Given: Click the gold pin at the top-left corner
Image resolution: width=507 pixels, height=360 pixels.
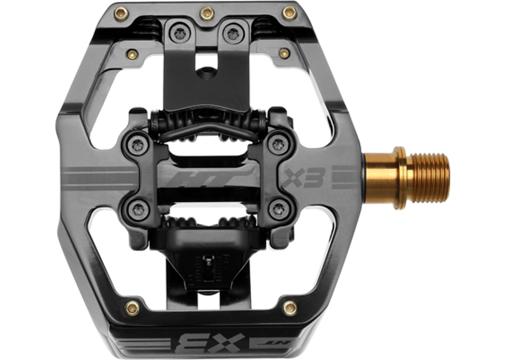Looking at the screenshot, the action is pyautogui.click(x=122, y=14).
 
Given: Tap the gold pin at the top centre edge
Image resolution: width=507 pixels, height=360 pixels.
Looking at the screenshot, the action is pyautogui.click(x=207, y=14).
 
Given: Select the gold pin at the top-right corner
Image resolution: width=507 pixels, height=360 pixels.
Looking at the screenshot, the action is pyautogui.click(x=289, y=13).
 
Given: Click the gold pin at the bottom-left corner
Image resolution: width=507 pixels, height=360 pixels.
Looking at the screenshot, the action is pyautogui.click(x=133, y=308).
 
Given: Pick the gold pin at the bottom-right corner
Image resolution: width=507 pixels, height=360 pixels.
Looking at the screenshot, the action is pyautogui.click(x=290, y=308).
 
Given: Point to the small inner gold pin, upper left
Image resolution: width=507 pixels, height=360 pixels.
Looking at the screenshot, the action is pyautogui.click(x=132, y=55).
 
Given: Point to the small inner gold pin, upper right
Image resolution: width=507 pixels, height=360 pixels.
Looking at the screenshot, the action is pyautogui.click(x=284, y=53).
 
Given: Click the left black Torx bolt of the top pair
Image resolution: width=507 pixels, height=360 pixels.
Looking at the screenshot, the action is pyautogui.click(x=179, y=33).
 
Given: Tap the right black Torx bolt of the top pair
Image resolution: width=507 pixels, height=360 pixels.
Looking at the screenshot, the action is pyautogui.click(x=233, y=33).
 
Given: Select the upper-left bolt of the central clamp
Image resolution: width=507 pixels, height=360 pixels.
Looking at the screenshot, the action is pyautogui.click(x=138, y=144).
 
